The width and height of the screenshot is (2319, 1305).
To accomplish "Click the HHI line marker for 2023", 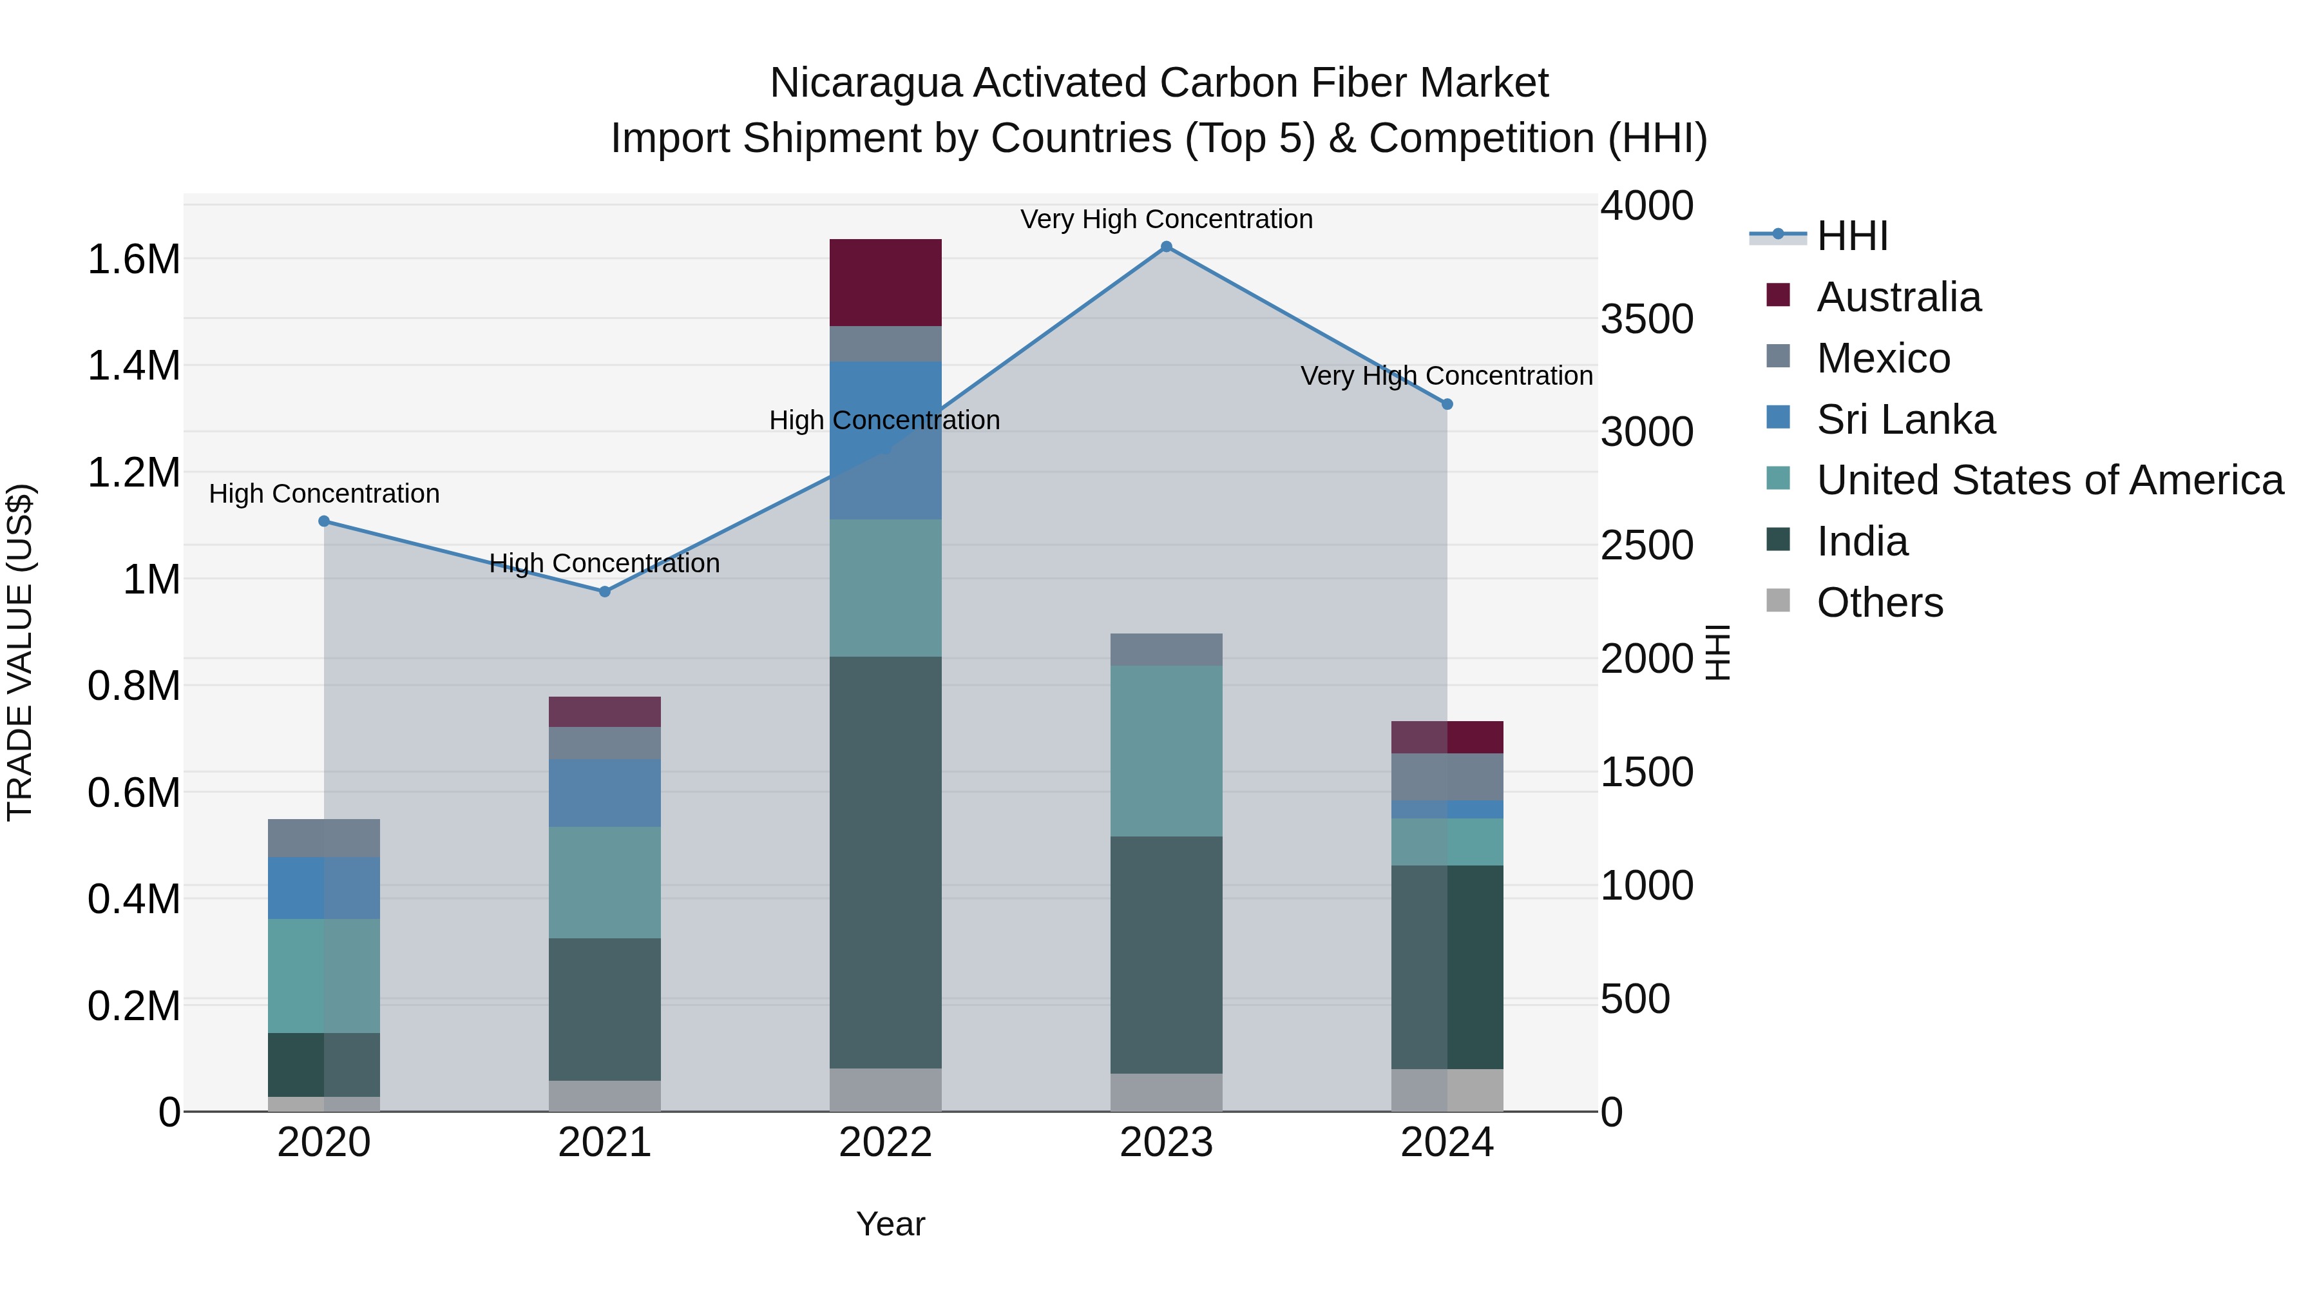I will pyautogui.click(x=1166, y=247).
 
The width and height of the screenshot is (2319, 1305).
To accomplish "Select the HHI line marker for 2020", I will pyautogui.click(x=324, y=521).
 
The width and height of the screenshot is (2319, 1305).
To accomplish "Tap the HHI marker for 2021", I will pyautogui.click(x=605, y=592).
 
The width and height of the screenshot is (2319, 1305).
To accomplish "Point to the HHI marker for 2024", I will pyautogui.click(x=1447, y=404).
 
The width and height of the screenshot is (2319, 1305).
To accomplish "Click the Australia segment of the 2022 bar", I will pyautogui.click(x=885, y=283).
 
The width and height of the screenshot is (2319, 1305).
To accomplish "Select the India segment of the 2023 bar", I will pyautogui.click(x=1166, y=954).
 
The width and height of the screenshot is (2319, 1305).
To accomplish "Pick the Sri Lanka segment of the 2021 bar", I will pyautogui.click(x=605, y=793).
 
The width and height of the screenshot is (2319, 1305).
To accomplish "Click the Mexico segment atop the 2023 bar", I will pyautogui.click(x=1166, y=650).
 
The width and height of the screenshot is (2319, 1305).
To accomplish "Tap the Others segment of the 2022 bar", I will pyautogui.click(x=885, y=1090).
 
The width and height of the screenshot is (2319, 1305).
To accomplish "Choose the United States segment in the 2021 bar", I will pyautogui.click(x=605, y=883).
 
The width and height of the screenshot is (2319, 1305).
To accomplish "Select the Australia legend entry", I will pyautogui.click(x=1898, y=297).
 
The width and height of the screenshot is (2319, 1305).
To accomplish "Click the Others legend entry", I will pyautogui.click(x=1879, y=603).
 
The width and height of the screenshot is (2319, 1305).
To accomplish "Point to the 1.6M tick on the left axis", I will pyautogui.click(x=133, y=259).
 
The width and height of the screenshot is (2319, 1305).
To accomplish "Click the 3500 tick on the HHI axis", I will pyautogui.click(x=1646, y=319).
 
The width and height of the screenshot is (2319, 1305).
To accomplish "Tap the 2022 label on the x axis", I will pyautogui.click(x=885, y=1143).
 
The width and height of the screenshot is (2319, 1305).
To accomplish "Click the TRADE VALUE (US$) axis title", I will pyautogui.click(x=21, y=652).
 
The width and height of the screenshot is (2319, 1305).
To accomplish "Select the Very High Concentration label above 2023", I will pyautogui.click(x=1166, y=219).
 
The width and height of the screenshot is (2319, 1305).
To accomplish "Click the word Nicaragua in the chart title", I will pyautogui.click(x=865, y=83).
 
